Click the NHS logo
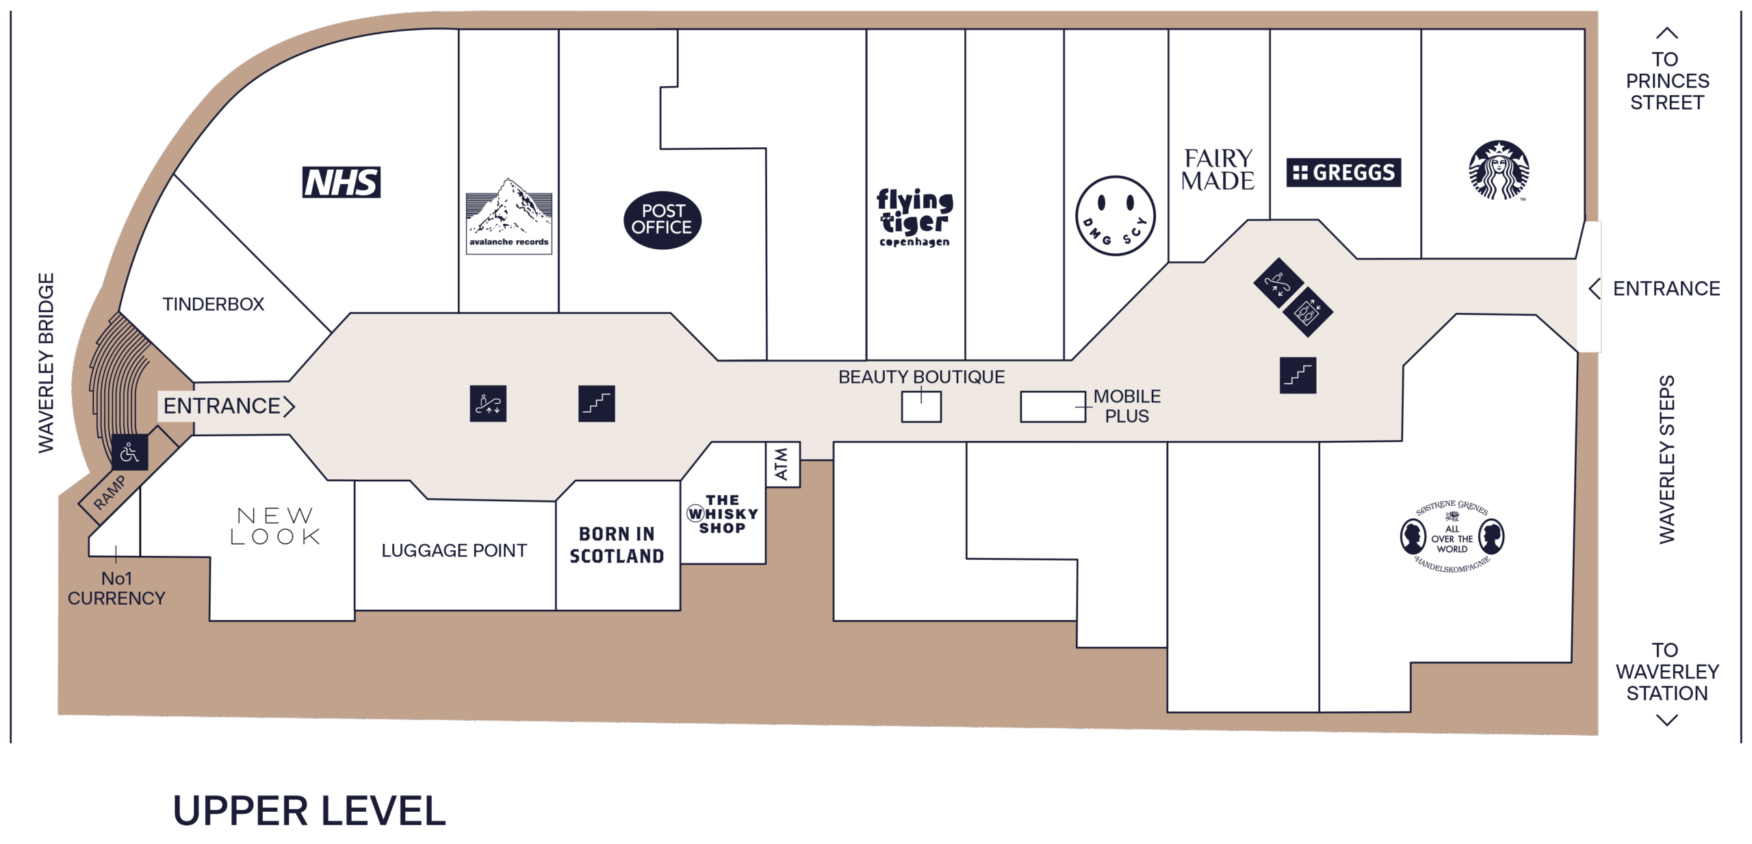(342, 182)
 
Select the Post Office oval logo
(662, 220)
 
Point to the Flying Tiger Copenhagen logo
(915, 217)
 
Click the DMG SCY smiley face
(1115, 216)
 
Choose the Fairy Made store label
(1218, 170)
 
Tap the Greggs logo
(1343, 172)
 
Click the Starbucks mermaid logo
(1499, 170)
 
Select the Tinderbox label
(213, 304)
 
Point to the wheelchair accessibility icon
(129, 452)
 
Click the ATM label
(781, 463)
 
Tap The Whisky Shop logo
(723, 514)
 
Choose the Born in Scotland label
(617, 545)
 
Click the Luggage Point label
(454, 550)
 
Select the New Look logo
(275, 526)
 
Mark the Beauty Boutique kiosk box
(921, 407)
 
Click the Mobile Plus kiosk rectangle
(1053, 407)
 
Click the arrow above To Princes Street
(1666, 33)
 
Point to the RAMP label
(110, 492)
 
